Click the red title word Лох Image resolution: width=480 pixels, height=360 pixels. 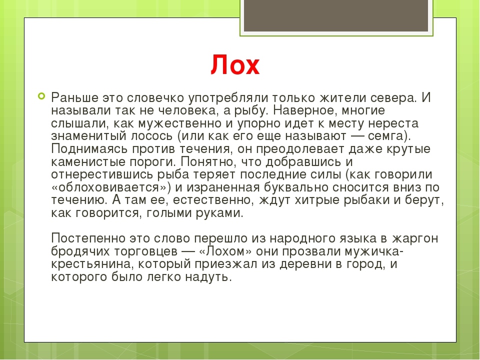(235, 64)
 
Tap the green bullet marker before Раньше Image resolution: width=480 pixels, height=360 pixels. (41, 96)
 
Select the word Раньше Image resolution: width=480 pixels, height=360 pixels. (74, 97)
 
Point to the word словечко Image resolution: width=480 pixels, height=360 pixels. (155, 97)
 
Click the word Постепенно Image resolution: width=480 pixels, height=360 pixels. (88, 238)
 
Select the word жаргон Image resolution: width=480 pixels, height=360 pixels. (415, 238)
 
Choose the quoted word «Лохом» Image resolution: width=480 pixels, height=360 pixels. (225, 251)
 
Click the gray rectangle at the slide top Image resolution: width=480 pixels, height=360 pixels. (336, 15)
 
